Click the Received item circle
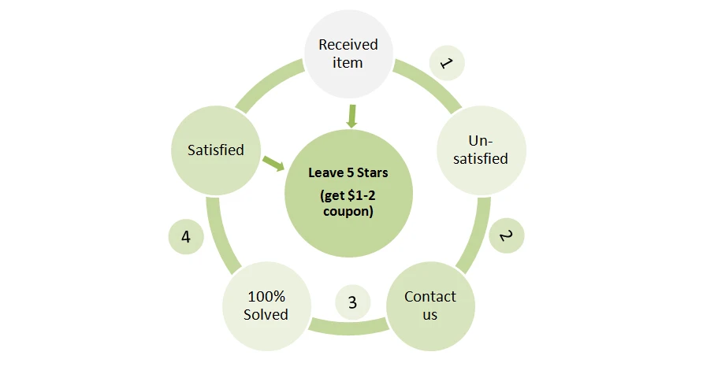pos(348,54)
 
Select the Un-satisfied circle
pos(480,149)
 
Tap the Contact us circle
pos(430,306)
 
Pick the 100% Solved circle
pos(266,305)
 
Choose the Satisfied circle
pos(215,149)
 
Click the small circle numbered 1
pos(446,62)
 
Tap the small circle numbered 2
pos(506,235)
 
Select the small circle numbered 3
pos(352,302)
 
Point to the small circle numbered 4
pos(186,236)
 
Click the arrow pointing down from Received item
pos(351,117)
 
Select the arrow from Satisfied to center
pos(273,163)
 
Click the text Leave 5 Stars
pos(348,173)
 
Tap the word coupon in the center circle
pos(348,211)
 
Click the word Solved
pos(266,314)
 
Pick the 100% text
pos(266,297)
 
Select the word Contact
pos(430,297)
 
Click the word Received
pos(348,45)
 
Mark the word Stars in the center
pos(370,173)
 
